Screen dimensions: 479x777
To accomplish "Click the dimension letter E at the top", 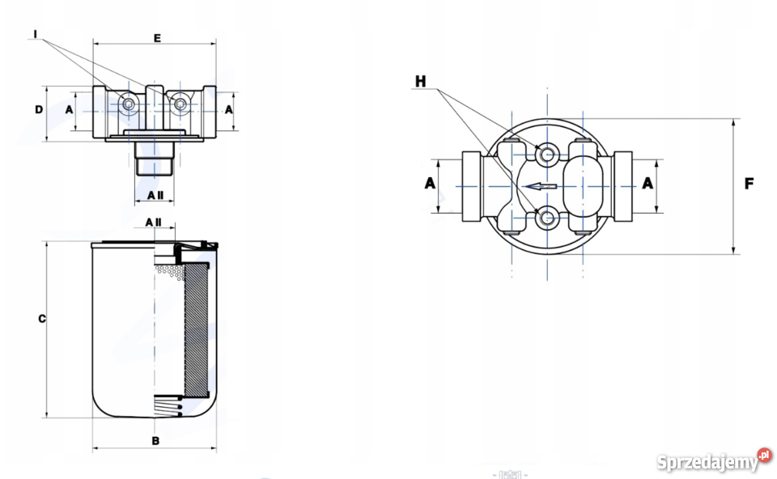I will pos(157,37).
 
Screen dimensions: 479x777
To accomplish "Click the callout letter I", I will pos(36,33).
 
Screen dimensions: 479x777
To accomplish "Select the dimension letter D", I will pos(39,109).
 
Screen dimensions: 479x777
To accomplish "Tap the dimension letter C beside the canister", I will pos(41,319).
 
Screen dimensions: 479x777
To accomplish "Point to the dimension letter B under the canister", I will pos(155,441).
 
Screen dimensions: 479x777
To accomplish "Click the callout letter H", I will pos(420,81).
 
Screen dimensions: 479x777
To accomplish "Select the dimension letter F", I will pos(749,184).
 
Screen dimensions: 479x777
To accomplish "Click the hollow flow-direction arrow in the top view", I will pos(540,186).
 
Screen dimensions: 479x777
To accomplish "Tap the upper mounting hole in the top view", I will pos(546,154).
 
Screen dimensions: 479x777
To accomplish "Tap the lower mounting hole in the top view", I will pos(546,217).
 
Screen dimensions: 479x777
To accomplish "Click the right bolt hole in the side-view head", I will pos(180,104).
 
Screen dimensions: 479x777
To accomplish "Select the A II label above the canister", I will pos(154,222).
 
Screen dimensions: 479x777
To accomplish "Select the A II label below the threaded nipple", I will pos(155,195).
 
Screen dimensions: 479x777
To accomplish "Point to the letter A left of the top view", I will pos(430,184).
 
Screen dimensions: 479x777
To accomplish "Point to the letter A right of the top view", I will pos(647,184).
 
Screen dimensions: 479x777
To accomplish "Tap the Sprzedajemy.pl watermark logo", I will pos(712,461).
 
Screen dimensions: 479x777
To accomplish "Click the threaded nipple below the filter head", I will pos(155,157).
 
